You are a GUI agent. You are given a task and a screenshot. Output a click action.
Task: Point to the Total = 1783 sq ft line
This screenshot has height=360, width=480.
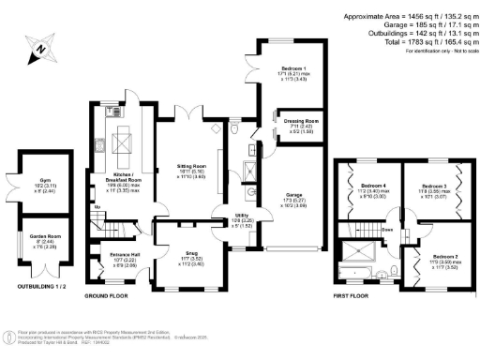pos(440,41)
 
